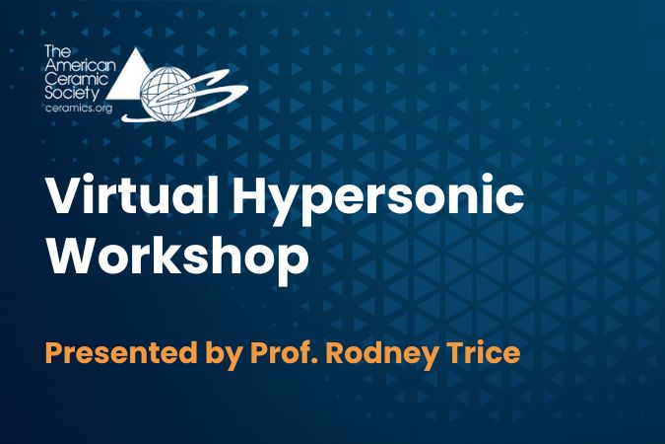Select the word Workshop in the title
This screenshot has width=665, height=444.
(177, 254)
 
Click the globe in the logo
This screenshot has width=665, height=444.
(167, 94)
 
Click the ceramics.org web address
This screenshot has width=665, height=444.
(79, 108)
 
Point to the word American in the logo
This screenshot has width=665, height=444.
(80, 65)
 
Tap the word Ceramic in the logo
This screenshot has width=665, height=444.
(77, 79)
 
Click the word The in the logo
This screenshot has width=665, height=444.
(57, 51)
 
